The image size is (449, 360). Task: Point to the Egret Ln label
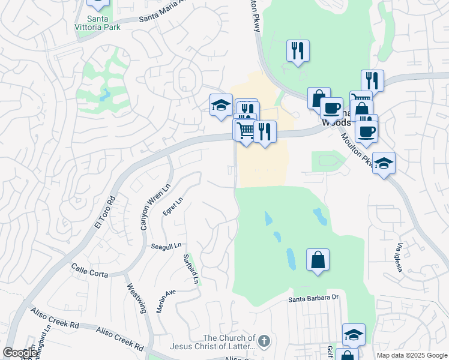[172, 208]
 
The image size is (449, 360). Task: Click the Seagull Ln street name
[166, 246]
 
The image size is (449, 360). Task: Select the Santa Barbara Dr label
[314, 298]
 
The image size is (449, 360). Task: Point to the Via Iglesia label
[399, 257]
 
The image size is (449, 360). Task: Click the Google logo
[20, 353]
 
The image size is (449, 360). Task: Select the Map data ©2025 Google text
[411, 355]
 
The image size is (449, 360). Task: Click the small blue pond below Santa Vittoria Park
[106, 95]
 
